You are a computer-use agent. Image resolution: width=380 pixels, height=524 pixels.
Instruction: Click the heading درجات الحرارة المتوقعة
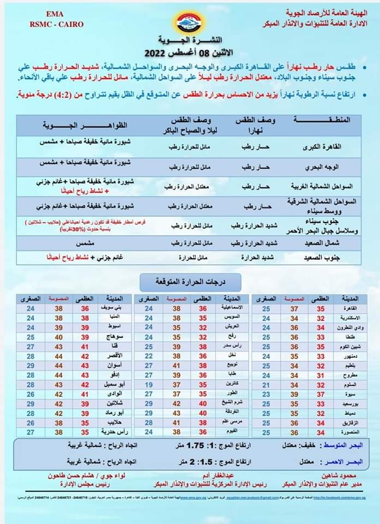[x=191, y=282]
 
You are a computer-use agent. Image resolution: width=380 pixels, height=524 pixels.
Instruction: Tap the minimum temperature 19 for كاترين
[x=149, y=384]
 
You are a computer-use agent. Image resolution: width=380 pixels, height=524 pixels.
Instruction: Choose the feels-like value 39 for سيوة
[x=293, y=394]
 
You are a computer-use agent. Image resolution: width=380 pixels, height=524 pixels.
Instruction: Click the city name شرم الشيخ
[x=234, y=403]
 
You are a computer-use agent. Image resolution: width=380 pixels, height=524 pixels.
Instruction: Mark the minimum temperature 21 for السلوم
[x=266, y=384]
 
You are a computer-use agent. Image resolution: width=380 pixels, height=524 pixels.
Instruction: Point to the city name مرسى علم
[x=234, y=421]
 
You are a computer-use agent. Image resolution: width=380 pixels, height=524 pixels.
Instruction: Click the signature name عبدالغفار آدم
[x=223, y=475]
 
